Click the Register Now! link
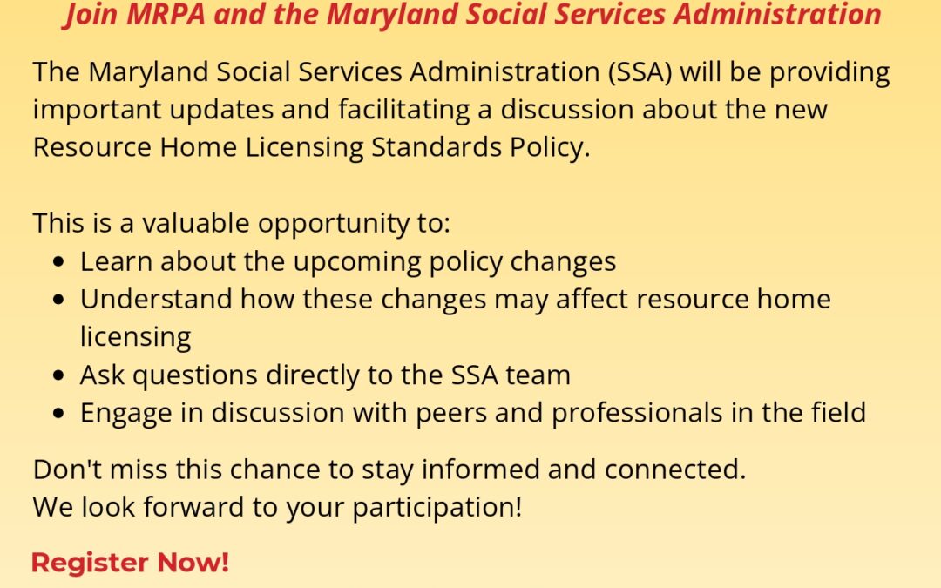pyautogui.click(x=130, y=563)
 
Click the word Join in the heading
pyautogui.click(x=91, y=15)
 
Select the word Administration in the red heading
pyautogui.click(x=777, y=14)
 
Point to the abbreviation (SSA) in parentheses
pyautogui.click(x=640, y=72)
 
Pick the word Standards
pyautogui.click(x=437, y=147)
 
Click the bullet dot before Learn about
pyautogui.click(x=58, y=261)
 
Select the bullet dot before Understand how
pyautogui.click(x=58, y=300)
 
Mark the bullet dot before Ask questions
pyautogui.click(x=58, y=375)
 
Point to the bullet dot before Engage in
pyautogui.click(x=58, y=414)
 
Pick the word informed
pyautogui.click(x=480, y=470)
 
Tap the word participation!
pyautogui.click(x=437, y=508)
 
